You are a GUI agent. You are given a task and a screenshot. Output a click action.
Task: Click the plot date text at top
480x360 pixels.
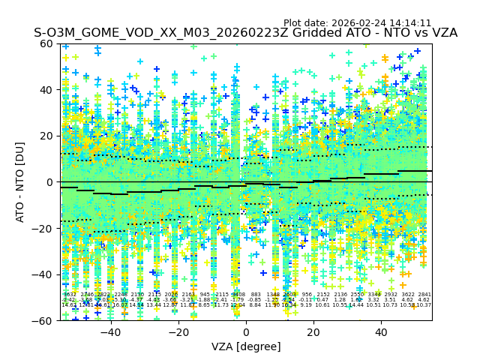tap(357, 23)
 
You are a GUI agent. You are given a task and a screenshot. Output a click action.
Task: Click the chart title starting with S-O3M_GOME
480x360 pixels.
tap(245, 34)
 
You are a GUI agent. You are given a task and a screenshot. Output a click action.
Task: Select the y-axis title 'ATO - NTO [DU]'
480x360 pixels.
tap(20, 181)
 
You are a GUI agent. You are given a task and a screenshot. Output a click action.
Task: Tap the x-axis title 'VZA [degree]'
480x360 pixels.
tap(246, 346)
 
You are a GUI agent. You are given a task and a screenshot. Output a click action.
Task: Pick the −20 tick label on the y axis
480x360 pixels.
tap(44, 228)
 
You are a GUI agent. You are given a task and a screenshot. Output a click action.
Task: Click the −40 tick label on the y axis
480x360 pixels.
tap(44, 274)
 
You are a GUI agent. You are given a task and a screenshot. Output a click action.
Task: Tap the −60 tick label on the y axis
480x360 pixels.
tap(44, 320)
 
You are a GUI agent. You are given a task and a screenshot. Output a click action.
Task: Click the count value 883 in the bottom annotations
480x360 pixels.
tap(256, 295)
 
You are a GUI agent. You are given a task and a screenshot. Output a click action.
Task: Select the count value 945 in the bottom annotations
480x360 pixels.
tap(205, 295)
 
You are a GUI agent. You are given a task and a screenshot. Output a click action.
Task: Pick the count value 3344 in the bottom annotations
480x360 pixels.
tap(374, 295)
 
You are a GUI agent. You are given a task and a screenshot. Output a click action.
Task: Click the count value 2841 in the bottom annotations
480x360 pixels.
tap(424, 295)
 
